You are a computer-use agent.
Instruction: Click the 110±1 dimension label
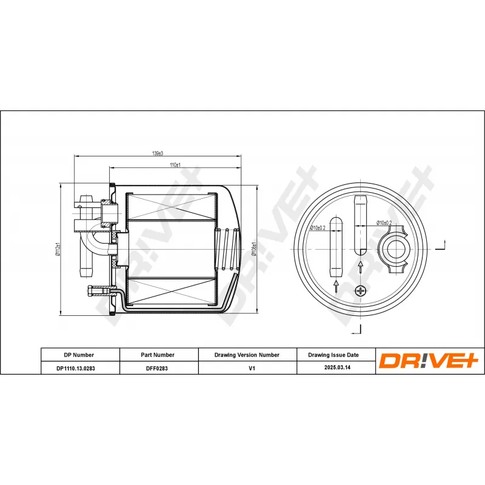click(175, 165)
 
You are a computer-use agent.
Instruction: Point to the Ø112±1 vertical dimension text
click(58, 248)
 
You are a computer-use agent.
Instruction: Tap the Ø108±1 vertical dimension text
click(255, 249)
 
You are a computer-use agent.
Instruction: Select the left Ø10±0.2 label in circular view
click(318, 227)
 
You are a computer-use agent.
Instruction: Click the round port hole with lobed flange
click(395, 248)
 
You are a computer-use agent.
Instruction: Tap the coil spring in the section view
click(227, 248)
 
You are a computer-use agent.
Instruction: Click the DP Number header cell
click(79, 355)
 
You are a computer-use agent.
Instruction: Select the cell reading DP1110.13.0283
click(79, 367)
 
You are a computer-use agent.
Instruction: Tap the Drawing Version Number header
click(247, 355)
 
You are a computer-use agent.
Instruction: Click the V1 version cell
click(247, 367)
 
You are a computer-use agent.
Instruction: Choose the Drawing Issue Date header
click(333, 355)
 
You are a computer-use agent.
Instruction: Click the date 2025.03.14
click(333, 367)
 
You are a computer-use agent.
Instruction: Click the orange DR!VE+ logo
click(429, 361)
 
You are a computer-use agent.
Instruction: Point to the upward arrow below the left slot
click(336, 286)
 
